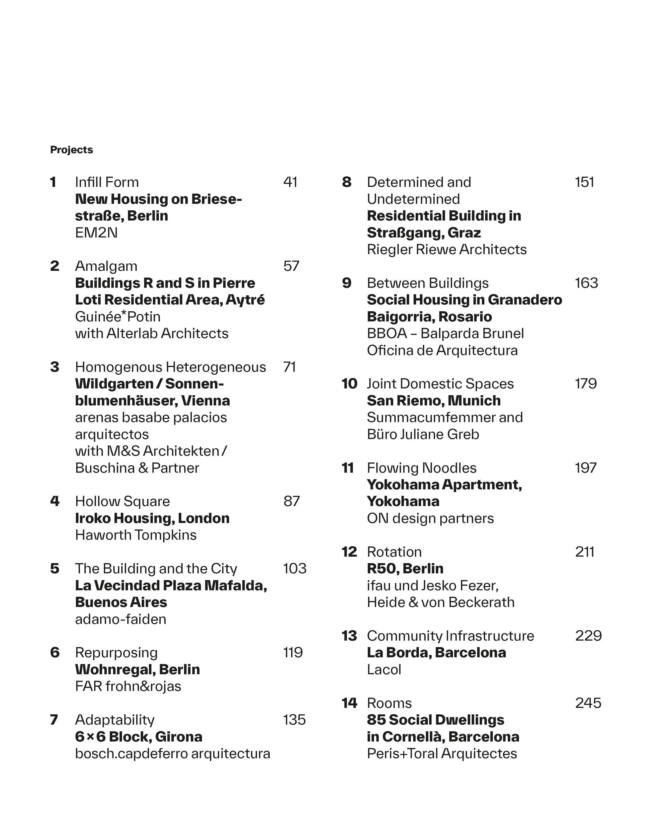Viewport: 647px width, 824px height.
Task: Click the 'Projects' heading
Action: click(71, 150)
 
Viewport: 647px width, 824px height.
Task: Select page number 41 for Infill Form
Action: click(290, 182)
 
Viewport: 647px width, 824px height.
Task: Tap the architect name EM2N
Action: click(96, 232)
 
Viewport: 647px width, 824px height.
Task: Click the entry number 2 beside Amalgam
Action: click(55, 266)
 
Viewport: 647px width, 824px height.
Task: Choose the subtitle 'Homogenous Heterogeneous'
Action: click(170, 367)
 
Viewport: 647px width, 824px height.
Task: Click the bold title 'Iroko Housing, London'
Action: click(152, 518)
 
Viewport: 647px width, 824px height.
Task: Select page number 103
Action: click(294, 569)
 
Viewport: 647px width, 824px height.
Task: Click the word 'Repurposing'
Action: click(116, 653)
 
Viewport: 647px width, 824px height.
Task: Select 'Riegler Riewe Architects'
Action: click(447, 249)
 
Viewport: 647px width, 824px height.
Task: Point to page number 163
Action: click(586, 283)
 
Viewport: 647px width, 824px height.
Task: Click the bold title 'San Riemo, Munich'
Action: click(434, 401)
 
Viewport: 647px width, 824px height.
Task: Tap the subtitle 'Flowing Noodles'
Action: click(422, 468)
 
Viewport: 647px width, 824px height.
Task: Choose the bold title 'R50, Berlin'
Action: click(405, 569)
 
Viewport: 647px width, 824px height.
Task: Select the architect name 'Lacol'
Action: click(384, 670)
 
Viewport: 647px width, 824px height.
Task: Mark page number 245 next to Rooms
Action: click(588, 703)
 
